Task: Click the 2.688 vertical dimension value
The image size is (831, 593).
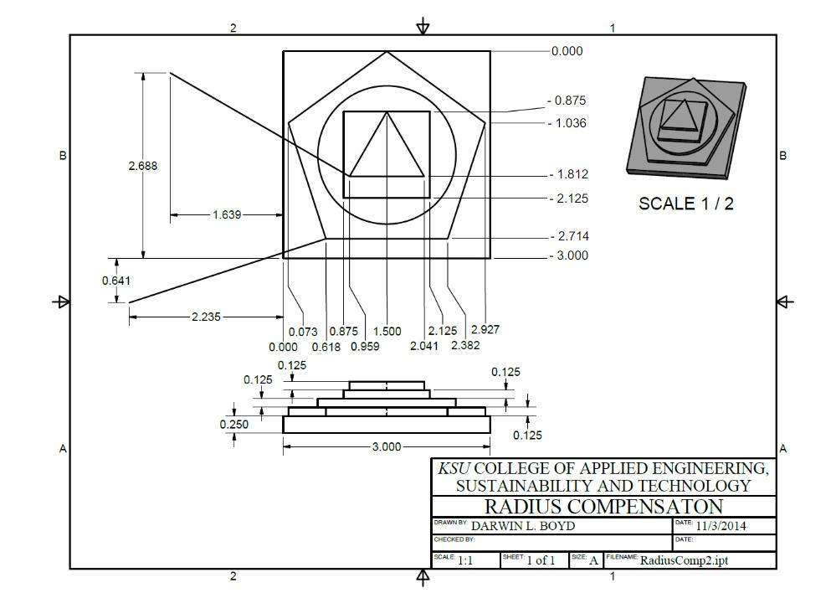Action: click(142, 166)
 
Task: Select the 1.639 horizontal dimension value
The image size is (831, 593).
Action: click(226, 215)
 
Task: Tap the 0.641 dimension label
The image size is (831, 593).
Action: click(115, 281)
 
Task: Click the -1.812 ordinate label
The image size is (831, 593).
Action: click(568, 175)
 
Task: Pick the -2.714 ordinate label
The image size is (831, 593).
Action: click(568, 237)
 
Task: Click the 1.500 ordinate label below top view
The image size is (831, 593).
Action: click(387, 332)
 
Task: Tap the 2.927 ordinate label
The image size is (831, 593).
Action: click(485, 330)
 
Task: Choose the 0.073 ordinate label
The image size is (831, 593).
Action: click(303, 332)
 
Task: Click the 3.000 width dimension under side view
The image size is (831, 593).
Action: click(386, 447)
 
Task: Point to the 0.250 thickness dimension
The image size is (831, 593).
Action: click(234, 425)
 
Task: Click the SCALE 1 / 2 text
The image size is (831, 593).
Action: click(685, 204)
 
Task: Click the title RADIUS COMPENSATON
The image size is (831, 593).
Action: click(603, 507)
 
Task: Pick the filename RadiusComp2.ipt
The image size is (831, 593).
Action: click(684, 560)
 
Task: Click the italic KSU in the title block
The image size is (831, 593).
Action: click(454, 468)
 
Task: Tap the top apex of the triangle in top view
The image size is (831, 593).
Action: click(387, 112)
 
